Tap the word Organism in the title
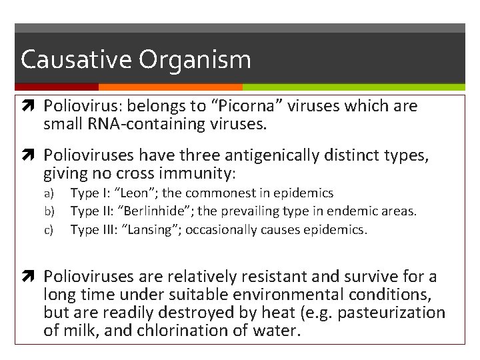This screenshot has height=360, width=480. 195,60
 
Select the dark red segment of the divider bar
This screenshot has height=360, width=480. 57,87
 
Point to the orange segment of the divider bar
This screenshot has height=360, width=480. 170,87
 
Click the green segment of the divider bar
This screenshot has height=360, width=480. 353,87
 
